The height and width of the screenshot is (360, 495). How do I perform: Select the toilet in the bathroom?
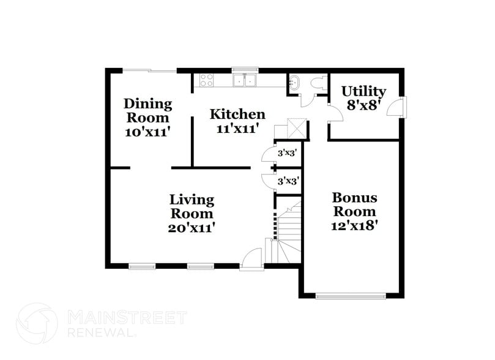[x=317, y=84]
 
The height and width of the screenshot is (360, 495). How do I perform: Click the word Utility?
[x=363, y=91]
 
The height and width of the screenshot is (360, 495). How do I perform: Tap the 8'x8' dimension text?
[x=365, y=105]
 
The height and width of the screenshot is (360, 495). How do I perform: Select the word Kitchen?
[x=237, y=114]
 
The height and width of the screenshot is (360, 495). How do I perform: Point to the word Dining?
[x=147, y=103]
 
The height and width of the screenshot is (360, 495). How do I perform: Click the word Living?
[x=192, y=200]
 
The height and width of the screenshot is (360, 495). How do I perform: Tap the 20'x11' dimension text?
[x=192, y=228]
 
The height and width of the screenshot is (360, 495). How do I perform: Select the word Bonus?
[x=354, y=198]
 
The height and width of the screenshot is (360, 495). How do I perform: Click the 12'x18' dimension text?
[x=355, y=225]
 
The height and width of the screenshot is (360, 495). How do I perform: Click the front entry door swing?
[x=251, y=259]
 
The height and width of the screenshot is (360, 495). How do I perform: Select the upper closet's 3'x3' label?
[x=287, y=153]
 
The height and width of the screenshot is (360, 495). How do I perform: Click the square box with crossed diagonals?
[x=299, y=129]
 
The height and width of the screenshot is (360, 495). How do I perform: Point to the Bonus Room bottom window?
[x=351, y=297]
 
